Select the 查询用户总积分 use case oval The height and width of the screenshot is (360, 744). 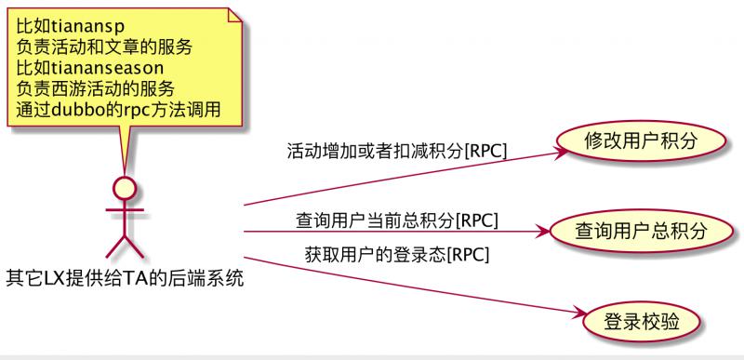[629, 230]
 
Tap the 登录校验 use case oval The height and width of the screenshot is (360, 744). [641, 322]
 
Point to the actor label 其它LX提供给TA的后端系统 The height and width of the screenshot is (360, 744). [125, 276]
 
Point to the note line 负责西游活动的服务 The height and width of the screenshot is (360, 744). [96, 88]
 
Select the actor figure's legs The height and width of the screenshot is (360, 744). [125, 245]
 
